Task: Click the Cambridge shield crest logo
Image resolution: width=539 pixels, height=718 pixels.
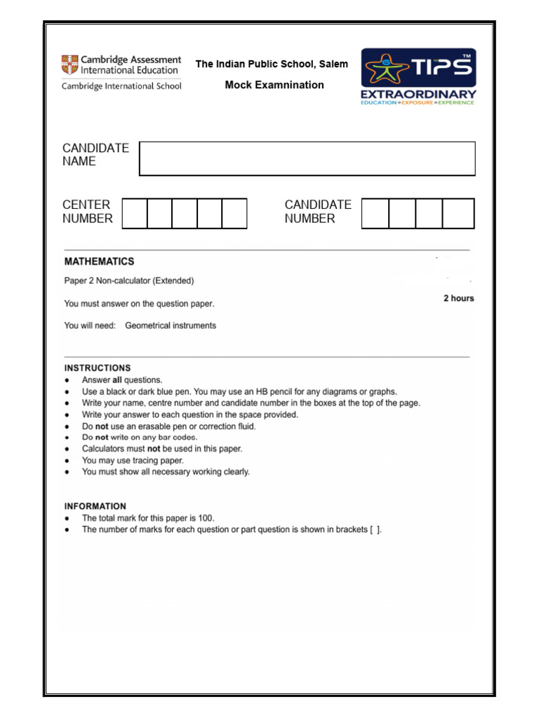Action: [x=69, y=65]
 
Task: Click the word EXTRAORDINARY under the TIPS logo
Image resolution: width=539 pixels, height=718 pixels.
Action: [x=418, y=94]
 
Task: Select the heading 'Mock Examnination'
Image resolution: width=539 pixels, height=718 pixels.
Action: [x=274, y=85]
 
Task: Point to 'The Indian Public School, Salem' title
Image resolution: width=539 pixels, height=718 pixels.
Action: [x=271, y=64]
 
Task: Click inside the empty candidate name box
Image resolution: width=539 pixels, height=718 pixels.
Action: [x=307, y=158]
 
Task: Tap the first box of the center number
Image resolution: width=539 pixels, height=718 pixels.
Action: [x=135, y=213]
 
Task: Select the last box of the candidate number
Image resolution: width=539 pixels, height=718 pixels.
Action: [x=458, y=213]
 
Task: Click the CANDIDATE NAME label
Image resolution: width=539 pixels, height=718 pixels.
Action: [x=96, y=154]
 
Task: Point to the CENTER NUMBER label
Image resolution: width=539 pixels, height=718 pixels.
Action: [x=88, y=212]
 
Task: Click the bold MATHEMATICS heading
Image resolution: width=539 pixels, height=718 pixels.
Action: [x=99, y=262]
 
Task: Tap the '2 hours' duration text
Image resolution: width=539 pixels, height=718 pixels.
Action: [x=458, y=298]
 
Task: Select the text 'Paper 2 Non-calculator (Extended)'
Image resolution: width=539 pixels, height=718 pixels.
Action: [x=129, y=280]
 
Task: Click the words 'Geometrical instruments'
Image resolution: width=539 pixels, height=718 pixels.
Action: [x=171, y=325]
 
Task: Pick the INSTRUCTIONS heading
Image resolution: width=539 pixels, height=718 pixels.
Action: [x=98, y=367]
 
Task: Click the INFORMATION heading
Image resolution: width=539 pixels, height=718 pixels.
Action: [x=95, y=506]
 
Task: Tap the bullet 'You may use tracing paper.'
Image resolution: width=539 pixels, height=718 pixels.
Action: [x=133, y=461]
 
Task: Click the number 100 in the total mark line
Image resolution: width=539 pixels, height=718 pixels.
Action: [x=206, y=518]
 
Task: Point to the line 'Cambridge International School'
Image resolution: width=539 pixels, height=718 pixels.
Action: [x=121, y=86]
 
